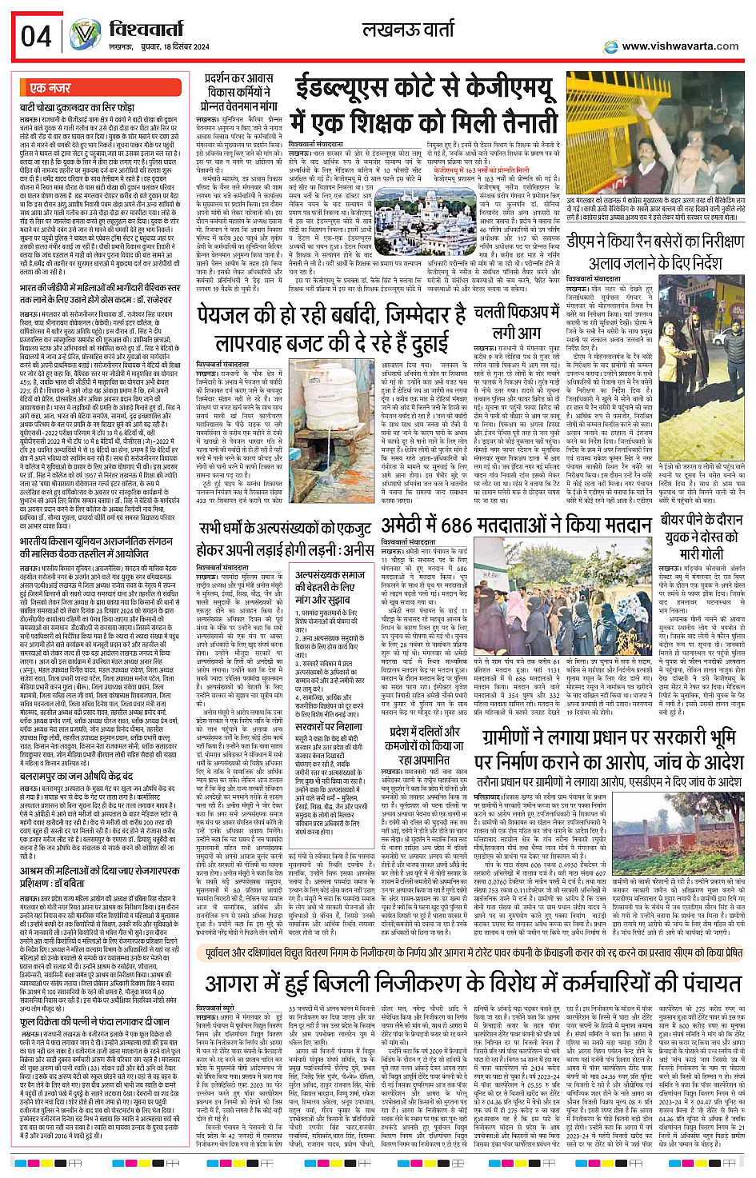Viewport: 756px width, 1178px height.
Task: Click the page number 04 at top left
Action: tap(37, 36)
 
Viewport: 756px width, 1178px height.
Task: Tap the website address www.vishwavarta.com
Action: tap(679, 46)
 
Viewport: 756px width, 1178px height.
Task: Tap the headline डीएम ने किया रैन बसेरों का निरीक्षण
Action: tap(654, 241)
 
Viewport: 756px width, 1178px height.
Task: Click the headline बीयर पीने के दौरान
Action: tap(702, 520)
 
